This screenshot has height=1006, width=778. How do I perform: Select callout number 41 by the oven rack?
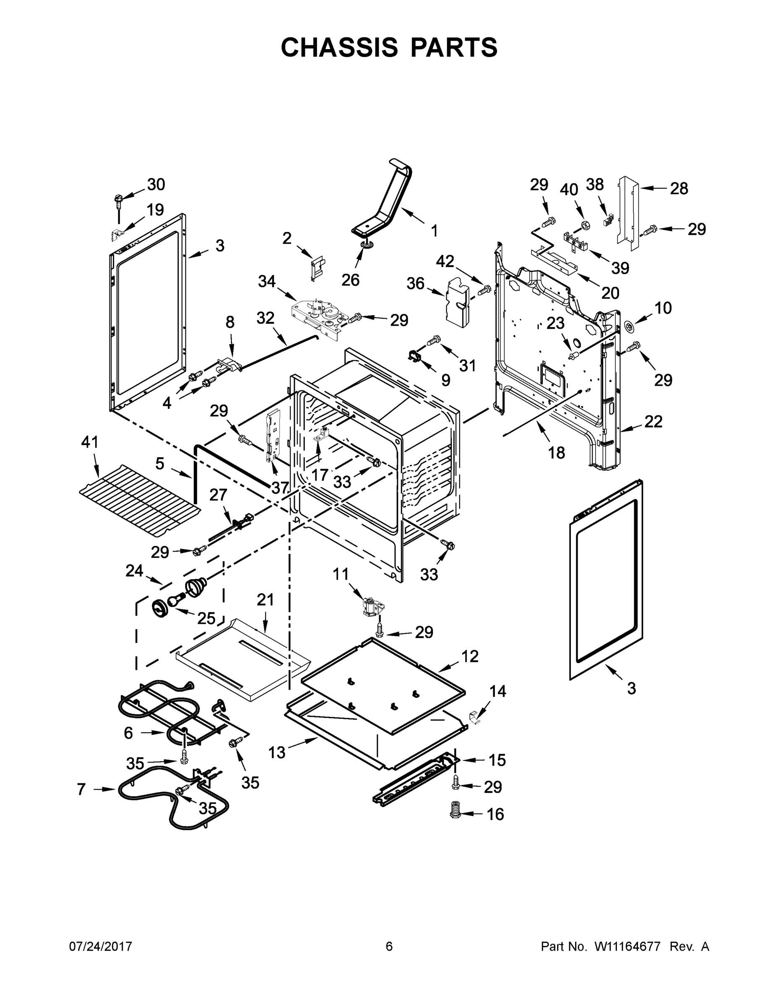tap(90, 442)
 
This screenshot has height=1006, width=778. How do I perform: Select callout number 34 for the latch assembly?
tap(266, 281)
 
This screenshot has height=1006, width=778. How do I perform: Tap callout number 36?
tap(415, 283)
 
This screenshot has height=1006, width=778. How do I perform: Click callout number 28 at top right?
tap(679, 188)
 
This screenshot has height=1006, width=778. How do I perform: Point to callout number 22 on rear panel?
tap(653, 421)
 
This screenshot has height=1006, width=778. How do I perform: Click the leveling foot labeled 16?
tap(456, 814)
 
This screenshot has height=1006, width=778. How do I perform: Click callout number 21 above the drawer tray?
tap(265, 600)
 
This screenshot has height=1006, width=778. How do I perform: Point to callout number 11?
tap(341, 574)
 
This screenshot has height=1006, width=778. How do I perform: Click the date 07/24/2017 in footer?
tap(101, 946)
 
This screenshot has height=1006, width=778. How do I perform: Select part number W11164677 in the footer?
tap(627, 946)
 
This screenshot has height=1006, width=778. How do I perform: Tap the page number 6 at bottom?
tap(389, 946)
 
